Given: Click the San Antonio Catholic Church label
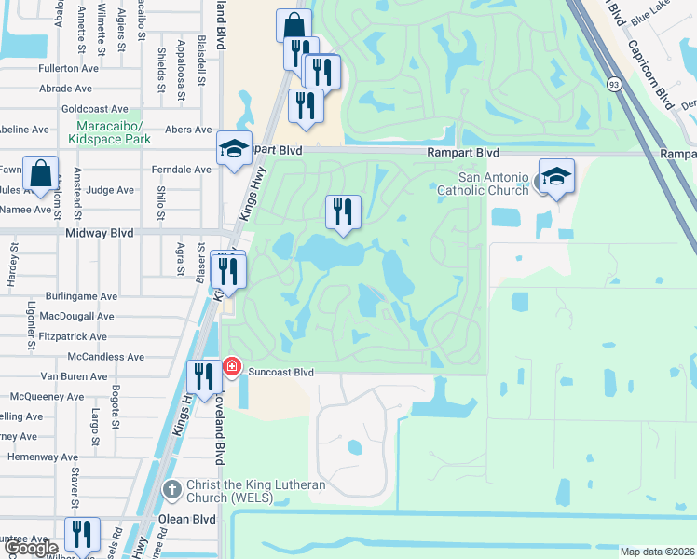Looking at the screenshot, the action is pyautogui.click(x=494, y=184).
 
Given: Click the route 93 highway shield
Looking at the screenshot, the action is pyautogui.click(x=614, y=85).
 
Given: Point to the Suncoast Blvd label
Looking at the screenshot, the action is pyautogui.click(x=279, y=372).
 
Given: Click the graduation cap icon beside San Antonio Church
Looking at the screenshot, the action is pyautogui.click(x=556, y=177).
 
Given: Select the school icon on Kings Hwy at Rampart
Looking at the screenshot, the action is pyautogui.click(x=234, y=148).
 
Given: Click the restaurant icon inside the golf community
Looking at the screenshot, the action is pyautogui.click(x=342, y=211).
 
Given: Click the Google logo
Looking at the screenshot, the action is pyautogui.click(x=30, y=548).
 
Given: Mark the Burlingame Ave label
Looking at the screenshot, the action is pyautogui.click(x=85, y=295).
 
